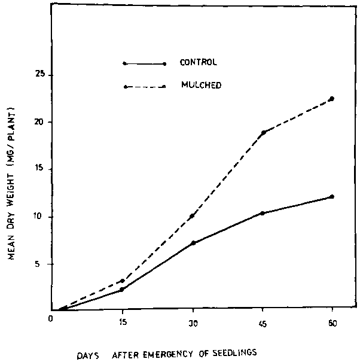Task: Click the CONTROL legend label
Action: tap(199, 62)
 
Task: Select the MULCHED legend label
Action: tap(201, 85)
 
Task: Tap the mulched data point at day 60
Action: tap(332, 99)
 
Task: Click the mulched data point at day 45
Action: tap(263, 132)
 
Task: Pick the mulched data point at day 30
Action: tap(193, 216)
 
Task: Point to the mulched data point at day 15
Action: tap(123, 280)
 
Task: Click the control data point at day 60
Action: tap(332, 196)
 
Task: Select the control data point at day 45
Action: tap(263, 213)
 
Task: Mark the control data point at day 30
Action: tap(193, 243)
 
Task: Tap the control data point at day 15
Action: tap(122, 290)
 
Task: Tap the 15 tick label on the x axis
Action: tap(123, 323)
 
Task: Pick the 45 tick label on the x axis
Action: tap(263, 323)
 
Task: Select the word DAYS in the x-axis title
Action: tap(87, 354)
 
